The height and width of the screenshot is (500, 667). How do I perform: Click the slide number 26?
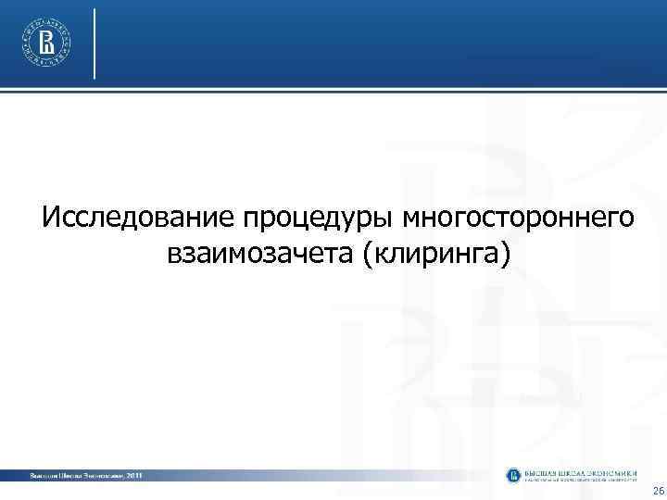tap(657, 491)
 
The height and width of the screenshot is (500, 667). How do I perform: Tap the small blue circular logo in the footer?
tap(513, 475)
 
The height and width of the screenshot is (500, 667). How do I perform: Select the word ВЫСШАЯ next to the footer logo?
tap(539, 472)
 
